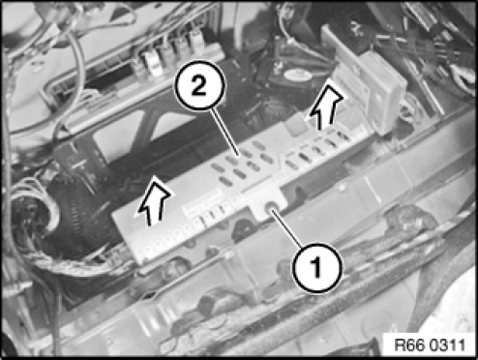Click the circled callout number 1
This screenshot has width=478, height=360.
pos(316,268)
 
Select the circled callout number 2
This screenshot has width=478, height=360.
pos(199,85)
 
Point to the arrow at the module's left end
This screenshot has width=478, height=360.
pos(154,201)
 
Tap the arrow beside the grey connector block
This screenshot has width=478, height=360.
pos(325,107)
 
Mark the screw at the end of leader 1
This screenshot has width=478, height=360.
pos(271,208)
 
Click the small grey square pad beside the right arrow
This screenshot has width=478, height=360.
pos(295,125)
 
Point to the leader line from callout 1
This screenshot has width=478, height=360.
pos(289,229)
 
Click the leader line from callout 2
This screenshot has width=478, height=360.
pos(225,133)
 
